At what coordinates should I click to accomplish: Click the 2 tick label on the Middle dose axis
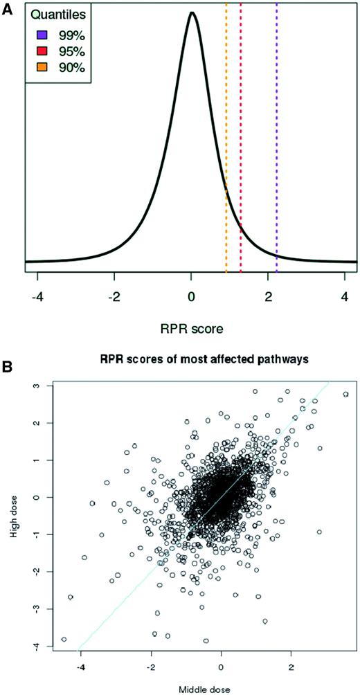[291, 667]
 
